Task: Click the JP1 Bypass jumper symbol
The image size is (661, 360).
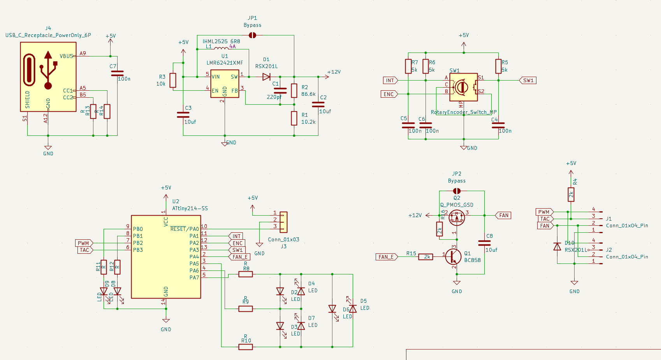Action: pos(252,35)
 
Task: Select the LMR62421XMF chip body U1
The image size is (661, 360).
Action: pos(225,84)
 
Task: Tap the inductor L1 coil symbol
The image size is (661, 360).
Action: pos(222,49)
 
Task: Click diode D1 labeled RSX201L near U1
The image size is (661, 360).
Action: pos(267,77)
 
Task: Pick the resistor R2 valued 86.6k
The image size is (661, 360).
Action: pos(294,90)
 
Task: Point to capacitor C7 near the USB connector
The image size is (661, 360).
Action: pos(117,73)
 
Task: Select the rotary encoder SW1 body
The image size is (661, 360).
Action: pos(463,87)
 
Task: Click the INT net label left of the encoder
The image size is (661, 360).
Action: pos(390,81)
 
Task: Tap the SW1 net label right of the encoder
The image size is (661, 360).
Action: pos(528,81)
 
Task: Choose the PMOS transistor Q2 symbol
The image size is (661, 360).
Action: pos(457,218)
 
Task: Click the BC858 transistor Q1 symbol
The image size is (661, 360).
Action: pos(453,256)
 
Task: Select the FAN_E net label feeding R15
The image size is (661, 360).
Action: pos(386,257)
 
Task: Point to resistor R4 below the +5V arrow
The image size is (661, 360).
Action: pos(571,194)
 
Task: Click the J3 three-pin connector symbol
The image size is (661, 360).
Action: pos(283,221)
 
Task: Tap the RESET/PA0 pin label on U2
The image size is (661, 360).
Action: pos(185,229)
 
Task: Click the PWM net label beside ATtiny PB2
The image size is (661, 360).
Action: pos(84,243)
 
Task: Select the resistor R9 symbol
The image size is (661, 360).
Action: pos(245,309)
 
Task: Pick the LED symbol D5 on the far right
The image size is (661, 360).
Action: pos(353,309)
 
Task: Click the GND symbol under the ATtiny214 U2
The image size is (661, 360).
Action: pos(166,320)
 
